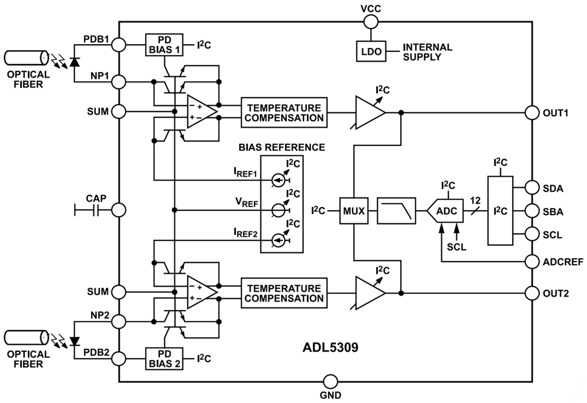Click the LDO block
tap(368, 51)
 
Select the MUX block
tap(353, 210)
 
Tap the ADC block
tap(446, 210)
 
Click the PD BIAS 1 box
tap(163, 44)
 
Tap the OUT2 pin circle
tap(532, 293)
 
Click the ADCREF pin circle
tap(532, 262)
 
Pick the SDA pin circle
tap(532, 187)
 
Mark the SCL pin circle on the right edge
tap(532, 234)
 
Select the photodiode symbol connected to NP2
tap(73, 341)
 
